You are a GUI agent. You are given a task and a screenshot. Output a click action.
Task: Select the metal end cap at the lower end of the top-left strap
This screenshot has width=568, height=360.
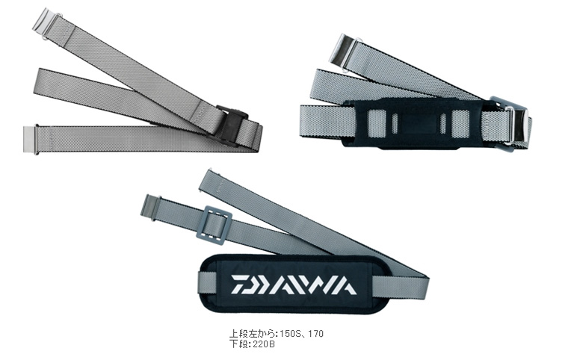tap(31, 140)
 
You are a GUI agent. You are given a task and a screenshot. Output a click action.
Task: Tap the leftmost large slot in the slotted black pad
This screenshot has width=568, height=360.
tap(375, 123)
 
